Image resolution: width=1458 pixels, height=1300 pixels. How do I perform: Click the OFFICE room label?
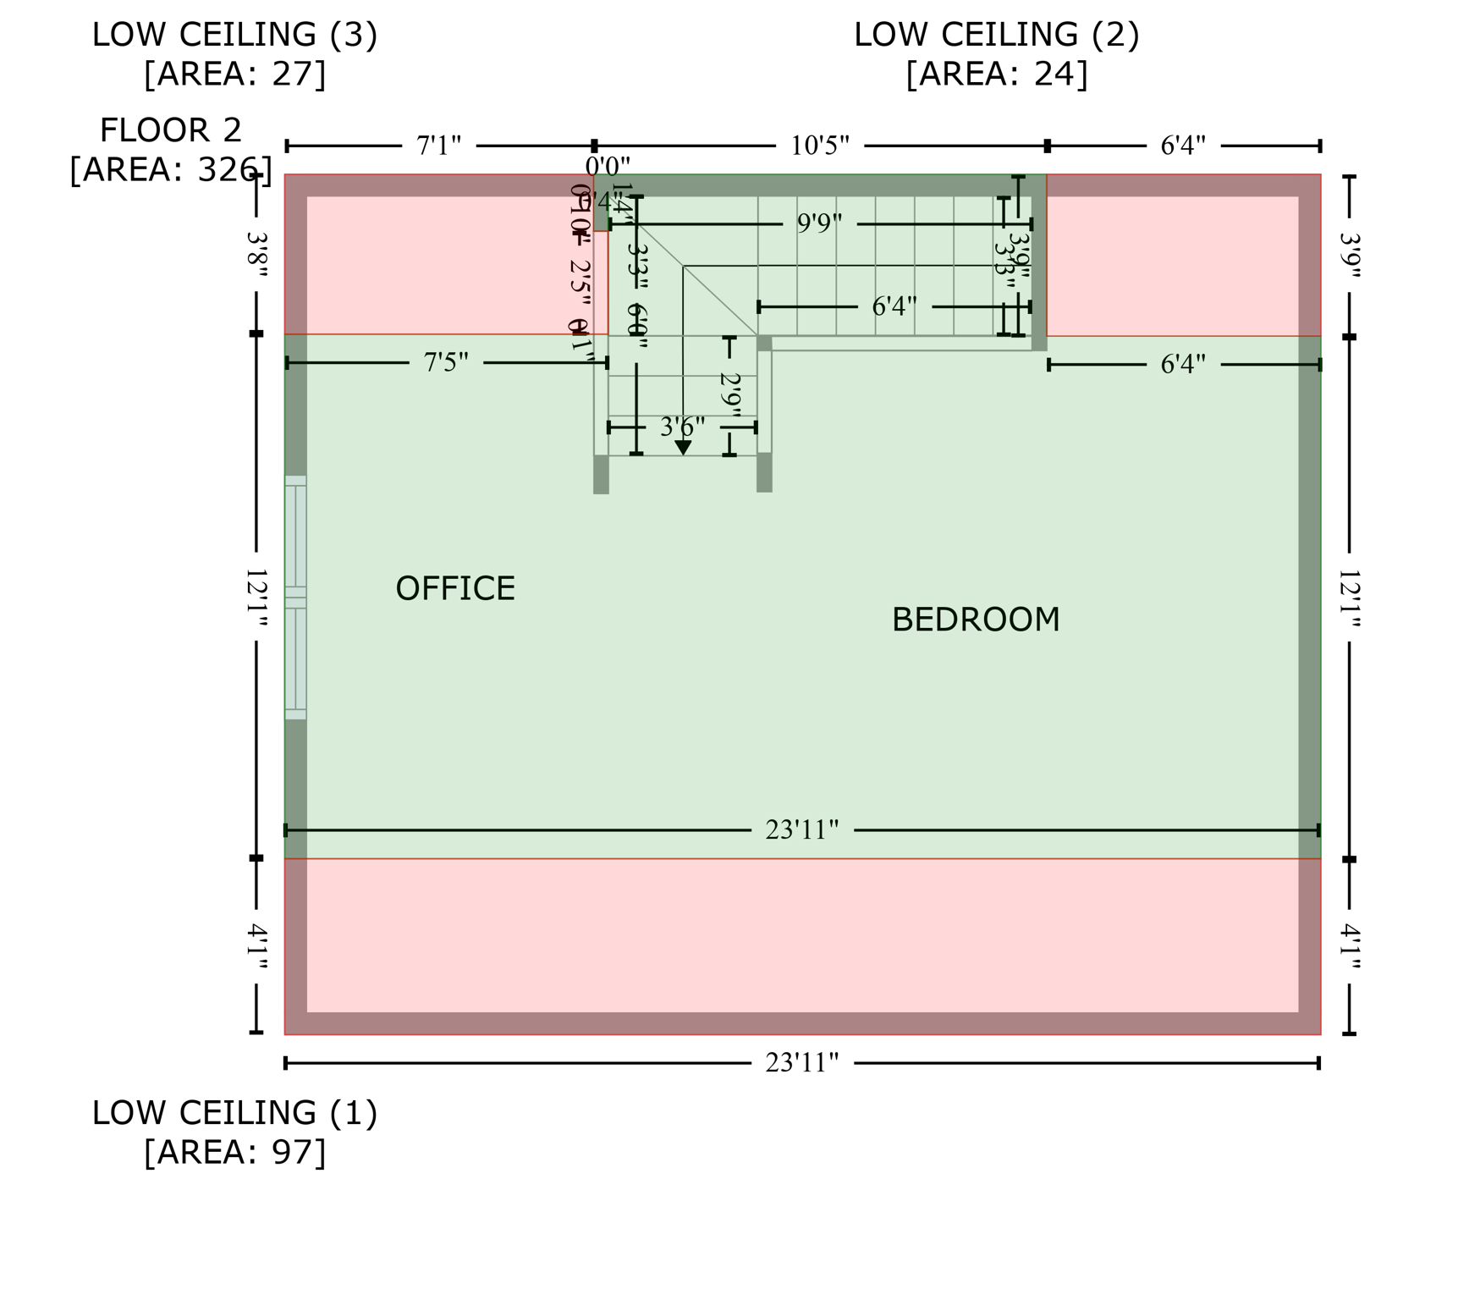[455, 589]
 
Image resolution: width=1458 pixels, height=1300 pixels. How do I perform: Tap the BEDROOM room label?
[975, 620]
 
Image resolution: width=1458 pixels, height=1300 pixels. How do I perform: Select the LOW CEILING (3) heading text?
[234, 36]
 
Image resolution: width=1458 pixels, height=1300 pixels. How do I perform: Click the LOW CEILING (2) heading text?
[996, 36]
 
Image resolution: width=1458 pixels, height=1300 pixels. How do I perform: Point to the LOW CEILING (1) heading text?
[234, 1113]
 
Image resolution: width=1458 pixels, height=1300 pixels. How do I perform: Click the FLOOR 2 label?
[171, 131]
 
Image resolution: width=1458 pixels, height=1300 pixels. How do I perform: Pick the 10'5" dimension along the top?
[819, 146]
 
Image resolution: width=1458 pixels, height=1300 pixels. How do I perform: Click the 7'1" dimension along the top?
[438, 146]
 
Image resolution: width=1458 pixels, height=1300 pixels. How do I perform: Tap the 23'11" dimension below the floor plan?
[801, 1063]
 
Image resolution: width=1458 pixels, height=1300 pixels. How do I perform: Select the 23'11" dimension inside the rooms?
[801, 830]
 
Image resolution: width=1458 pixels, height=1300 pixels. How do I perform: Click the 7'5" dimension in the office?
[446, 363]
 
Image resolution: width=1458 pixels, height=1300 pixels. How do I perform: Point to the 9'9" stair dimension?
[819, 224]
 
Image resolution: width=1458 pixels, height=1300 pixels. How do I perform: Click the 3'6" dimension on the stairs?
[682, 427]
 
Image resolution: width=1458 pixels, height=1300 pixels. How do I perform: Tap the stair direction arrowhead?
[683, 448]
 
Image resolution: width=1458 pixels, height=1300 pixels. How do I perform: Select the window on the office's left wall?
[295, 598]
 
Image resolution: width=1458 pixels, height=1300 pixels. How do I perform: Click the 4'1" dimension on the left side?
[256, 946]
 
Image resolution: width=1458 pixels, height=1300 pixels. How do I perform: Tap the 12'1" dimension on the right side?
[1349, 599]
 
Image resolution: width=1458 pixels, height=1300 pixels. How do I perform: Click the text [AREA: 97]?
[234, 1153]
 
